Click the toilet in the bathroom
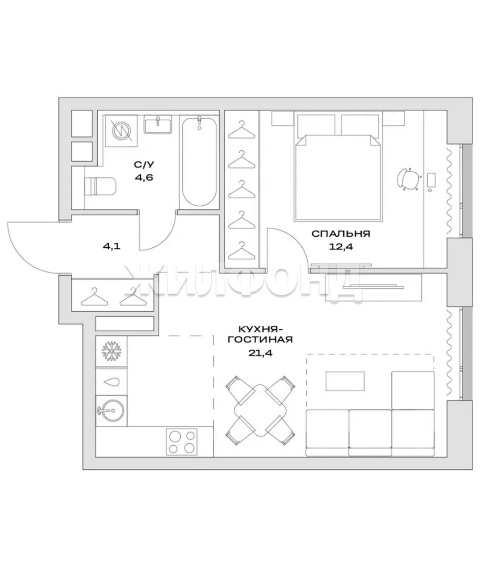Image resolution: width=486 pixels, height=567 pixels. point(100,186)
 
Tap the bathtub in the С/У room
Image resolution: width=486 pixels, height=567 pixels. point(200,161)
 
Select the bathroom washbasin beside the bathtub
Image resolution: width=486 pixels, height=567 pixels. point(158,124)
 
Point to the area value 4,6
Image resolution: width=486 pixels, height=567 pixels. point(144,177)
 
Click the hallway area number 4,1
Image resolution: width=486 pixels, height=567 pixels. point(112,247)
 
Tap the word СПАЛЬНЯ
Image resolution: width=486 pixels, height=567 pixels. point(341,234)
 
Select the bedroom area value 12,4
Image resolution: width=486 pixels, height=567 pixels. point(341,247)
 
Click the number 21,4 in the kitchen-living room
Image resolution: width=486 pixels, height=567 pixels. point(260,353)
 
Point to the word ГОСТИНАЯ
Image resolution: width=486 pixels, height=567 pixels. point(260,340)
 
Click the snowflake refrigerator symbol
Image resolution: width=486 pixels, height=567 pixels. point(112,350)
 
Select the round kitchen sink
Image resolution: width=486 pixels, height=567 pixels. point(111,411)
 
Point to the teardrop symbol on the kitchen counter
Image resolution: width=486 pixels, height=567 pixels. point(112,382)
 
